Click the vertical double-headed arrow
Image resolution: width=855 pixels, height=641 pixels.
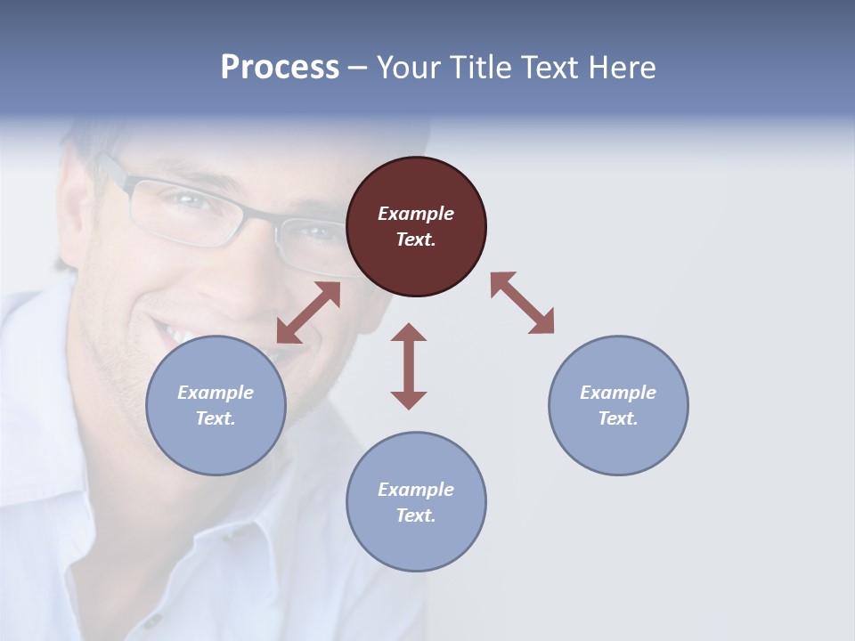click(x=409, y=366)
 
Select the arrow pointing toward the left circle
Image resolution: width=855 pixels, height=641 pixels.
click(x=308, y=312)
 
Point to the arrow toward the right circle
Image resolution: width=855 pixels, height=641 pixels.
click(x=522, y=303)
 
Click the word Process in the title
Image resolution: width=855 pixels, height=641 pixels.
click(x=280, y=67)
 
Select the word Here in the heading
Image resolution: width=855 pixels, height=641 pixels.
click(x=623, y=67)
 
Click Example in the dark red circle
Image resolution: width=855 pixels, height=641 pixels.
click(x=416, y=214)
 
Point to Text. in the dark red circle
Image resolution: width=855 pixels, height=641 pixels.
click(x=416, y=239)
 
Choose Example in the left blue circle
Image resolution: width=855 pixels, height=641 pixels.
click(x=216, y=393)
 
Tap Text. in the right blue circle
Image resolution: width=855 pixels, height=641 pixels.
click(x=618, y=418)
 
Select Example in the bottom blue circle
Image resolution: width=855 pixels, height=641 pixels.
click(x=416, y=490)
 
